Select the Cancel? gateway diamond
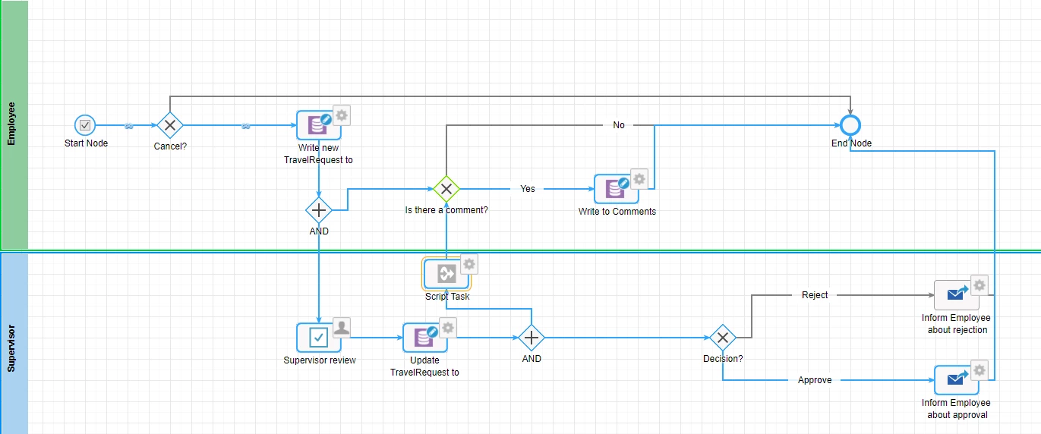(x=170, y=125)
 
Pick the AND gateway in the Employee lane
(x=319, y=210)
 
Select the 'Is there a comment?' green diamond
(x=446, y=189)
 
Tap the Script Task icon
(x=446, y=274)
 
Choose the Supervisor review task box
(x=319, y=338)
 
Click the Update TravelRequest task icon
(x=424, y=338)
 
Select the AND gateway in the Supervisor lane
(x=532, y=338)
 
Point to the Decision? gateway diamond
(x=723, y=338)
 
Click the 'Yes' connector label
(x=528, y=188)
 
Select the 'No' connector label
(x=619, y=125)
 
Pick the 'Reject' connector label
(x=815, y=294)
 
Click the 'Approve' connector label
(x=815, y=379)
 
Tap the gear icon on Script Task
(x=469, y=265)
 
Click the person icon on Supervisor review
(x=342, y=328)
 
